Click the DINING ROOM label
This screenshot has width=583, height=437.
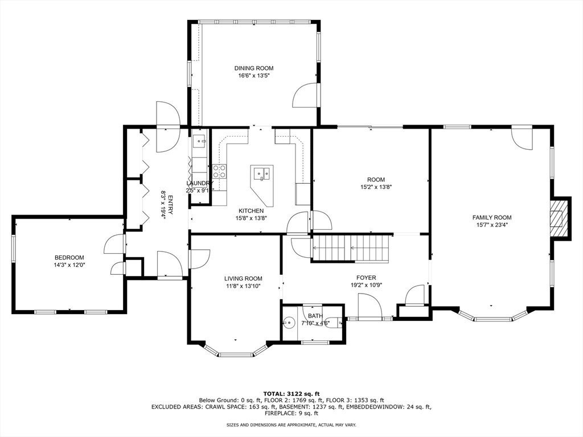pos(253,68)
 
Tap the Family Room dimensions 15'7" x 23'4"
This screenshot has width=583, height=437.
pos(491,225)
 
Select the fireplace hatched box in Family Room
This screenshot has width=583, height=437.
pos(560,218)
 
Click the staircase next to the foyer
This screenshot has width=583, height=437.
pos(351,248)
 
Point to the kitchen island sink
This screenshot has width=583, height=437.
pos(262,174)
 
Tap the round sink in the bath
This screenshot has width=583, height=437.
pos(288,323)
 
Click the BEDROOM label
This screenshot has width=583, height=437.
pos(69,258)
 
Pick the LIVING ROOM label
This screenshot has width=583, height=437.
pos(243,279)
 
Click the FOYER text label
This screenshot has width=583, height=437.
pos(366,278)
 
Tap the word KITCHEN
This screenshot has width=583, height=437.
pos(251,211)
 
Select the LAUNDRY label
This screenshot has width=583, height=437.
pos(199,183)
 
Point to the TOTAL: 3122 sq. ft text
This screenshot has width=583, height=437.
pos(291,394)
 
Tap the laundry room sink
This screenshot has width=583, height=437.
pos(200,141)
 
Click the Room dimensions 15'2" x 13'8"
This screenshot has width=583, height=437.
pos(376,187)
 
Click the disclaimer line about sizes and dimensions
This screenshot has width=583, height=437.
pos(291,424)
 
